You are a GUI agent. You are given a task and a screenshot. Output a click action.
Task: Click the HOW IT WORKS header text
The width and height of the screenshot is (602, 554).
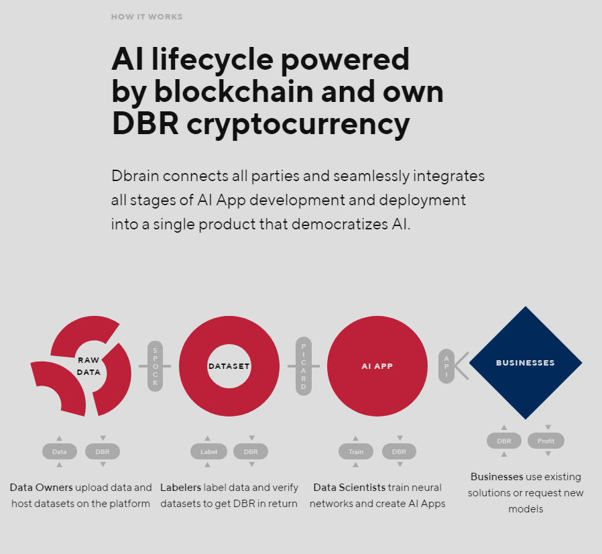[147, 17]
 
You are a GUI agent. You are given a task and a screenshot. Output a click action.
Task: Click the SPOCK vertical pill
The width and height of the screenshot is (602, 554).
[155, 366]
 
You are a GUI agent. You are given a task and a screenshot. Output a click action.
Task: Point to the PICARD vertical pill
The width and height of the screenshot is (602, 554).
[303, 366]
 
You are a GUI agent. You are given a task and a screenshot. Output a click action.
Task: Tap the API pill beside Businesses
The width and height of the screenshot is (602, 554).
[446, 366]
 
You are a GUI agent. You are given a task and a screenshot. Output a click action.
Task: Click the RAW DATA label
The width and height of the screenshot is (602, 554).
[88, 366]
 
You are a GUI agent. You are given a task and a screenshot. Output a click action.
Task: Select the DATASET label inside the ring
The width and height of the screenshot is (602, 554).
[229, 366]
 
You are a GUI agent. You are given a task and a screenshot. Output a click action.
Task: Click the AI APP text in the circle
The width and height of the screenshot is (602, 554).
[377, 366]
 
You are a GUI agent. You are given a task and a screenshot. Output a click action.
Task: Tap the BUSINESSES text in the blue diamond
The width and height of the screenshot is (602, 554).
[525, 363]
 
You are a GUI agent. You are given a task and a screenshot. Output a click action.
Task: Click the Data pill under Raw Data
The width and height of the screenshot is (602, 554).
[59, 451]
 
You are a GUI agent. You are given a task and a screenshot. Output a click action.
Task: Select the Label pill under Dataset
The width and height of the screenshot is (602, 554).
[208, 451]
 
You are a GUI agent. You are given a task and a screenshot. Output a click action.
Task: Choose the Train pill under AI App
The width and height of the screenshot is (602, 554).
[356, 451]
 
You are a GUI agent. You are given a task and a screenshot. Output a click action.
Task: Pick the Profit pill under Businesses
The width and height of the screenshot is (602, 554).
[546, 441]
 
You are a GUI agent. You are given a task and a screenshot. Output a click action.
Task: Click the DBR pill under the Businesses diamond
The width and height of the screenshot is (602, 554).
[504, 441]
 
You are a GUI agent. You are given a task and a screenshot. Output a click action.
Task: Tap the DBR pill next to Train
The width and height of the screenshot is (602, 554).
[399, 451]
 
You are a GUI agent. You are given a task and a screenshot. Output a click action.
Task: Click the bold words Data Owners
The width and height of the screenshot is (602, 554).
[41, 488]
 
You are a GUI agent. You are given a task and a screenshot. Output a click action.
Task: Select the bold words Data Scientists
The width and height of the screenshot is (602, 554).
[349, 488]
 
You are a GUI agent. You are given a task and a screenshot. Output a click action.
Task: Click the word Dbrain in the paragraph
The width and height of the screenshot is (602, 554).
[135, 176]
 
